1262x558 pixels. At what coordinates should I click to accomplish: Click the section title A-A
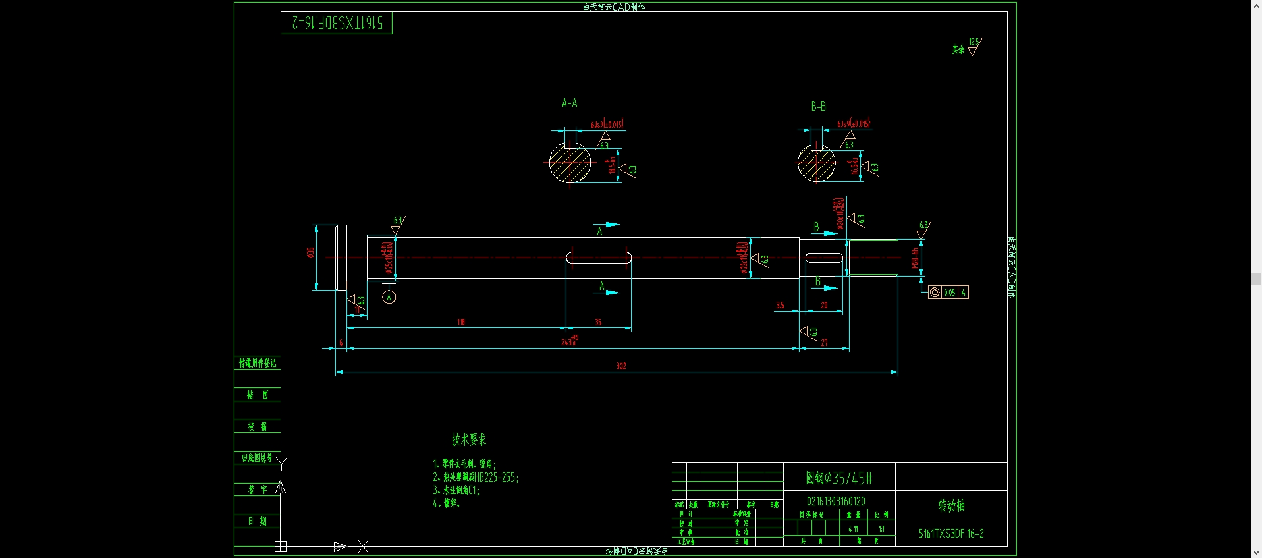[569, 103]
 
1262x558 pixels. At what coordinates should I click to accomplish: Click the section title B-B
[818, 106]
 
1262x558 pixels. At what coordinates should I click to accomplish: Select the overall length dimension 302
[620, 366]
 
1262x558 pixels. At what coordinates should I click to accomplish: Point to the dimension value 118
[461, 322]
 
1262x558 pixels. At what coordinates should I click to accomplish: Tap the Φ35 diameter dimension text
[310, 252]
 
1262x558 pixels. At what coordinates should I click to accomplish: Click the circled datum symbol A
[389, 297]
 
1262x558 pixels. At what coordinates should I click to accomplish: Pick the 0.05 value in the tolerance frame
[949, 293]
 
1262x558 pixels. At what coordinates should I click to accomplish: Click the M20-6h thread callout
[914, 258]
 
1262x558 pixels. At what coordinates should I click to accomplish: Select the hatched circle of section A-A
[570, 163]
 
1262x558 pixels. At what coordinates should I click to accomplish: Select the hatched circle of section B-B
[816, 163]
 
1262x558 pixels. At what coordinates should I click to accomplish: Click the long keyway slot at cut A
[599, 258]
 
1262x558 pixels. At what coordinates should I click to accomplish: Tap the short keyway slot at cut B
[824, 258]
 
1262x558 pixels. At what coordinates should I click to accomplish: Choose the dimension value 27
[824, 343]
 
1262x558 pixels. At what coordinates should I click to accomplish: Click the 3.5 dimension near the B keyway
[780, 305]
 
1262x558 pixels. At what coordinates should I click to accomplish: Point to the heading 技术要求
[469, 439]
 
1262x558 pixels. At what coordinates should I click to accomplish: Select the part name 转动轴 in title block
[951, 505]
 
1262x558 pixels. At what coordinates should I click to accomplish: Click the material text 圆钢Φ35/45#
[838, 478]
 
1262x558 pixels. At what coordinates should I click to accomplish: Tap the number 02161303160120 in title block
[836, 501]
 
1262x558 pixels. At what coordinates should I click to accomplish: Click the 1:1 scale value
[881, 529]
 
